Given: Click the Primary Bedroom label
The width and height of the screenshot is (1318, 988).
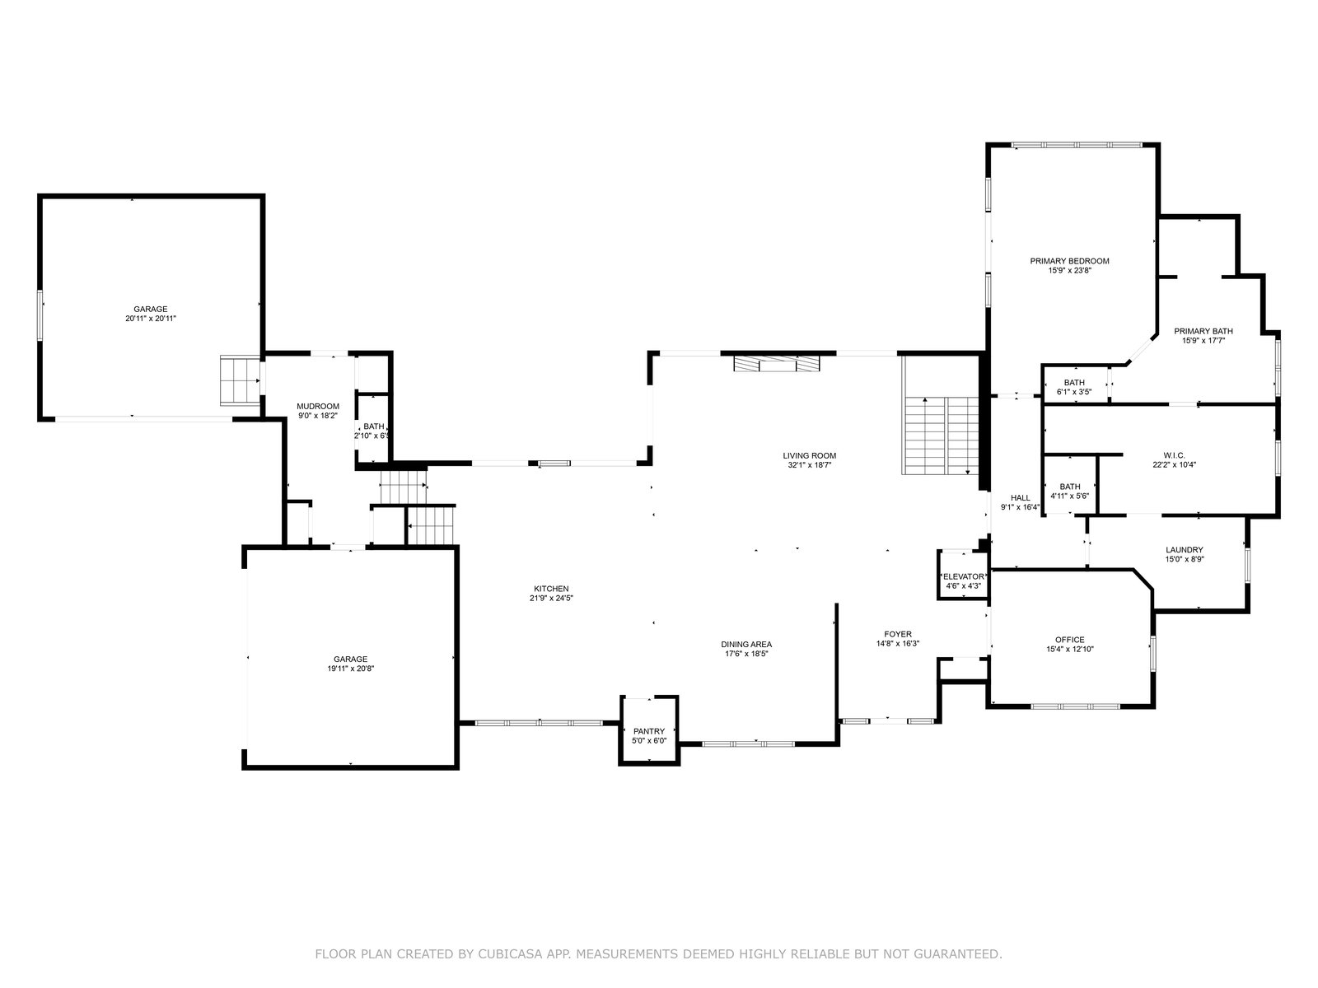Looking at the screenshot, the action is [x=1069, y=261].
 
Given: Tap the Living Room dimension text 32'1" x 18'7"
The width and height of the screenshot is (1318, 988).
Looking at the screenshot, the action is [x=809, y=465].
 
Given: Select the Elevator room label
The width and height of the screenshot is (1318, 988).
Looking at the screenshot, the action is [x=963, y=576].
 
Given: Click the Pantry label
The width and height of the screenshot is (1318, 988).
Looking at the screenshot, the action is [x=649, y=731].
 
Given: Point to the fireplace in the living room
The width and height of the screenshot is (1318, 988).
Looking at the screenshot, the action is [x=777, y=364].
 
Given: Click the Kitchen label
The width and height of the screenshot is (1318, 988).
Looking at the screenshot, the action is [x=551, y=589].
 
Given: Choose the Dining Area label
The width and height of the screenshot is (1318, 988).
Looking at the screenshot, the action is [x=746, y=645].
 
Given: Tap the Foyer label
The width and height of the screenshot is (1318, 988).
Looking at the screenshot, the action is [x=898, y=634].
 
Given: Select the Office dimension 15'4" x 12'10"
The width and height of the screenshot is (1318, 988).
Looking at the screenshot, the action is [x=1069, y=649].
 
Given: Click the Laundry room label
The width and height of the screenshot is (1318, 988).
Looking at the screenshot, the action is [x=1184, y=549].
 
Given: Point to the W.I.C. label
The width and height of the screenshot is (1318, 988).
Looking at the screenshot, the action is [x=1174, y=455].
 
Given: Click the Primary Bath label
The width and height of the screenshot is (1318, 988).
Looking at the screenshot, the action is [x=1203, y=331].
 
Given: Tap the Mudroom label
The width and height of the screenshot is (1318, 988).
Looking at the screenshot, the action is [x=318, y=406].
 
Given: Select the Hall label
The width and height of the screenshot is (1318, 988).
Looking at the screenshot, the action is [x=1020, y=497].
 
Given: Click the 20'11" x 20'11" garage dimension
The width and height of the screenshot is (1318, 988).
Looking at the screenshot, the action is [x=150, y=319].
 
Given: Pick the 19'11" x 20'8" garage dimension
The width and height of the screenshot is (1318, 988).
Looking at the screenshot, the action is [x=350, y=669].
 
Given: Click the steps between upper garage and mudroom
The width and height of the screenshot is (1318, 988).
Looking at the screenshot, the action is [x=241, y=380].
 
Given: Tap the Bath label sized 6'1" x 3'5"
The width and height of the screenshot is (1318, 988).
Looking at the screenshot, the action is [x=1074, y=383].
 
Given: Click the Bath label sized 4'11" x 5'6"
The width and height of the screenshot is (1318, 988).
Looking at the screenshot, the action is [x=1069, y=487].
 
